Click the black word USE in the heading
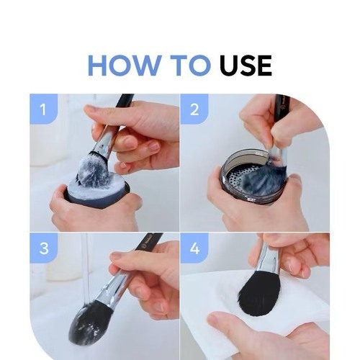(x=246, y=66)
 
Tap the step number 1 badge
(x=43, y=109)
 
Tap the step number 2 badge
(x=194, y=109)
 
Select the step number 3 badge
(x=43, y=248)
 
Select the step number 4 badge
(x=194, y=248)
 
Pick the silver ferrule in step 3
(x=114, y=288)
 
